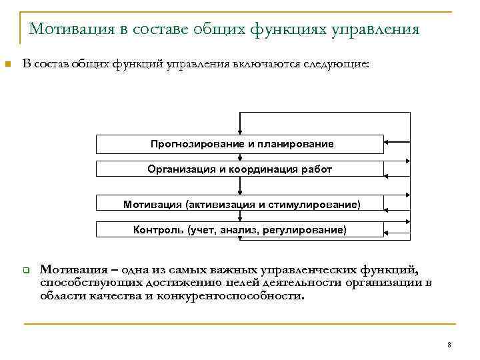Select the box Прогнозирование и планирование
click(240, 144)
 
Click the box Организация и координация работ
click(240, 169)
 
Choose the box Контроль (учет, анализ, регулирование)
click(240, 230)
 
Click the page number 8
click(449, 345)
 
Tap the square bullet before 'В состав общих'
click(7, 65)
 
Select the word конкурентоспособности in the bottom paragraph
click(229, 296)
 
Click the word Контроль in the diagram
click(158, 230)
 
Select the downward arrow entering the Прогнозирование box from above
click(239, 127)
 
